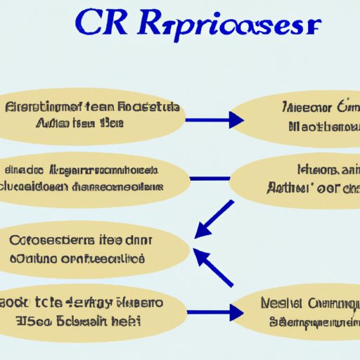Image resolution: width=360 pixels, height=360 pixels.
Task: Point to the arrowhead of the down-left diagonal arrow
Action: [202, 231]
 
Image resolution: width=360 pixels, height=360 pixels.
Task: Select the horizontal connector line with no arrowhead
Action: [210, 178]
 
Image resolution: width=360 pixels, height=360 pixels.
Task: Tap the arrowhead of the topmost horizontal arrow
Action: [236, 121]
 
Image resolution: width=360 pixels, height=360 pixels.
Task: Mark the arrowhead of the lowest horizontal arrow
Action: [236, 311]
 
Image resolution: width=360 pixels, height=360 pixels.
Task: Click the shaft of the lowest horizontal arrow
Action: [211, 311]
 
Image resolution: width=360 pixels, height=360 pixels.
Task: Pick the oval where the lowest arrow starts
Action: [95, 311]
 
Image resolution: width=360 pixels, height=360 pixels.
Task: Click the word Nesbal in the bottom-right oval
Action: [282, 304]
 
